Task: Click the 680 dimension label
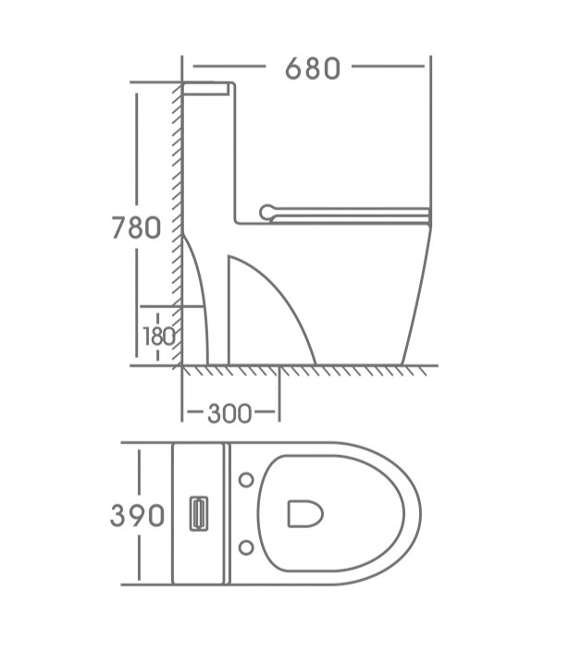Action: coord(313,68)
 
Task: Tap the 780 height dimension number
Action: coord(136,228)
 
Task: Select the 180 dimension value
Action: coord(159,337)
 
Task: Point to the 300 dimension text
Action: coord(229,413)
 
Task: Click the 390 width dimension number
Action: coord(137,515)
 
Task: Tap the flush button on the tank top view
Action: coord(199,513)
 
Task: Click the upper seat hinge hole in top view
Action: coord(246,480)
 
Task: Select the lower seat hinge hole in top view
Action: coord(246,548)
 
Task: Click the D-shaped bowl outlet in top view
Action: coord(305,513)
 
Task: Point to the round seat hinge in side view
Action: coord(267,213)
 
